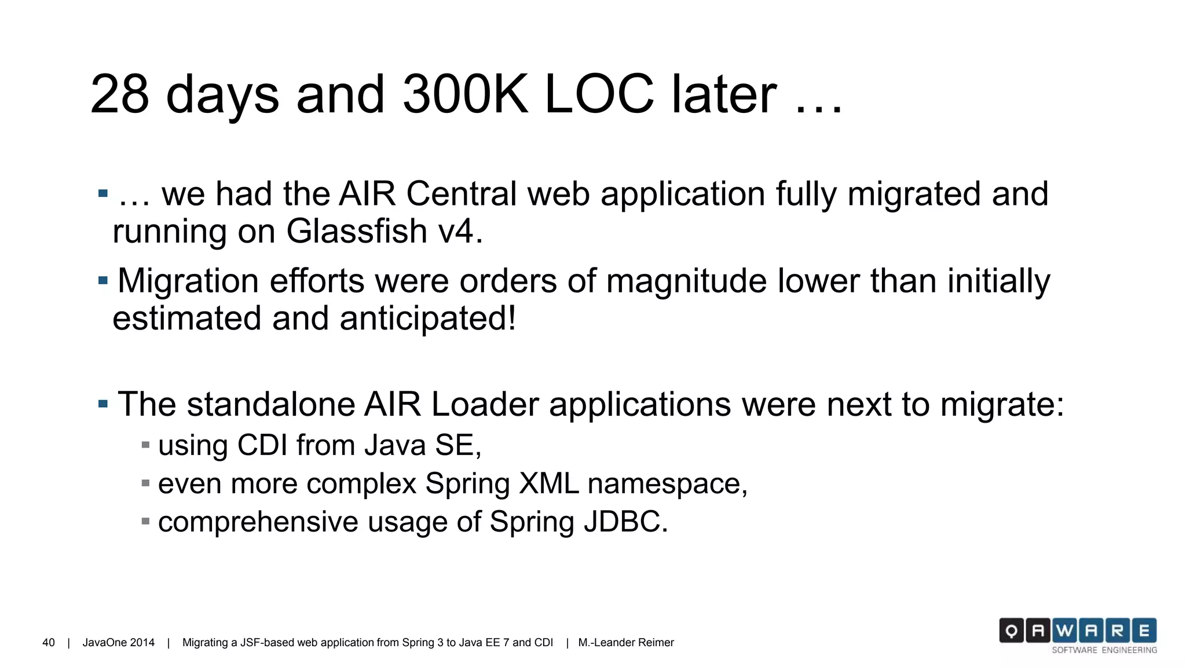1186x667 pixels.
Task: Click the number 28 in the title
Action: pos(119,94)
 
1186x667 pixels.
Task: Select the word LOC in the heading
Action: pos(599,94)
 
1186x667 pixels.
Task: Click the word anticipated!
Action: pos(428,318)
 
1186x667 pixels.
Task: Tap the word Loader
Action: pos(485,404)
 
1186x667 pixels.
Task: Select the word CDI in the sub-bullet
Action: pos(262,445)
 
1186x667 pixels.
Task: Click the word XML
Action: pos(548,483)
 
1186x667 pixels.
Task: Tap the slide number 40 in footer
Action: pos(49,643)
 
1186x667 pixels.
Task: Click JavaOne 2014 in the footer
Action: pos(119,643)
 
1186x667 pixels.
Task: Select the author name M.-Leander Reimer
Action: pos(626,643)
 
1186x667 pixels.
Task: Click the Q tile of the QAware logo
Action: pos(1011,631)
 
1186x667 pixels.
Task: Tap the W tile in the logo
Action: pos(1064,631)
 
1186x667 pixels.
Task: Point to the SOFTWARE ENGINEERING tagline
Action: pos(1104,650)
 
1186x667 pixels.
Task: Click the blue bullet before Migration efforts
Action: pos(103,281)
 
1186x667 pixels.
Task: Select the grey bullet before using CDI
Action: pos(145,445)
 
